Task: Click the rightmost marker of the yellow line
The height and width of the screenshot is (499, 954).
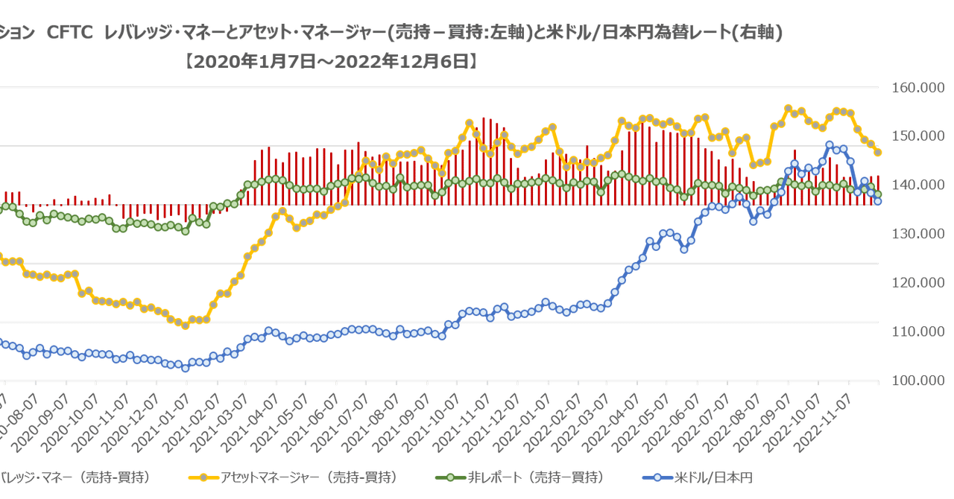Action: pos(878,153)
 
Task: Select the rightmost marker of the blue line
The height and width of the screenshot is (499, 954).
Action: pos(878,201)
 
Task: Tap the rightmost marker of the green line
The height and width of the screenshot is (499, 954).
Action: pos(878,194)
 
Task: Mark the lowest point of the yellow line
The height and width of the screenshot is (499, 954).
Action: pos(186,325)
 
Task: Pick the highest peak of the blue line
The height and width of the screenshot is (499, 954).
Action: pos(830,145)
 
